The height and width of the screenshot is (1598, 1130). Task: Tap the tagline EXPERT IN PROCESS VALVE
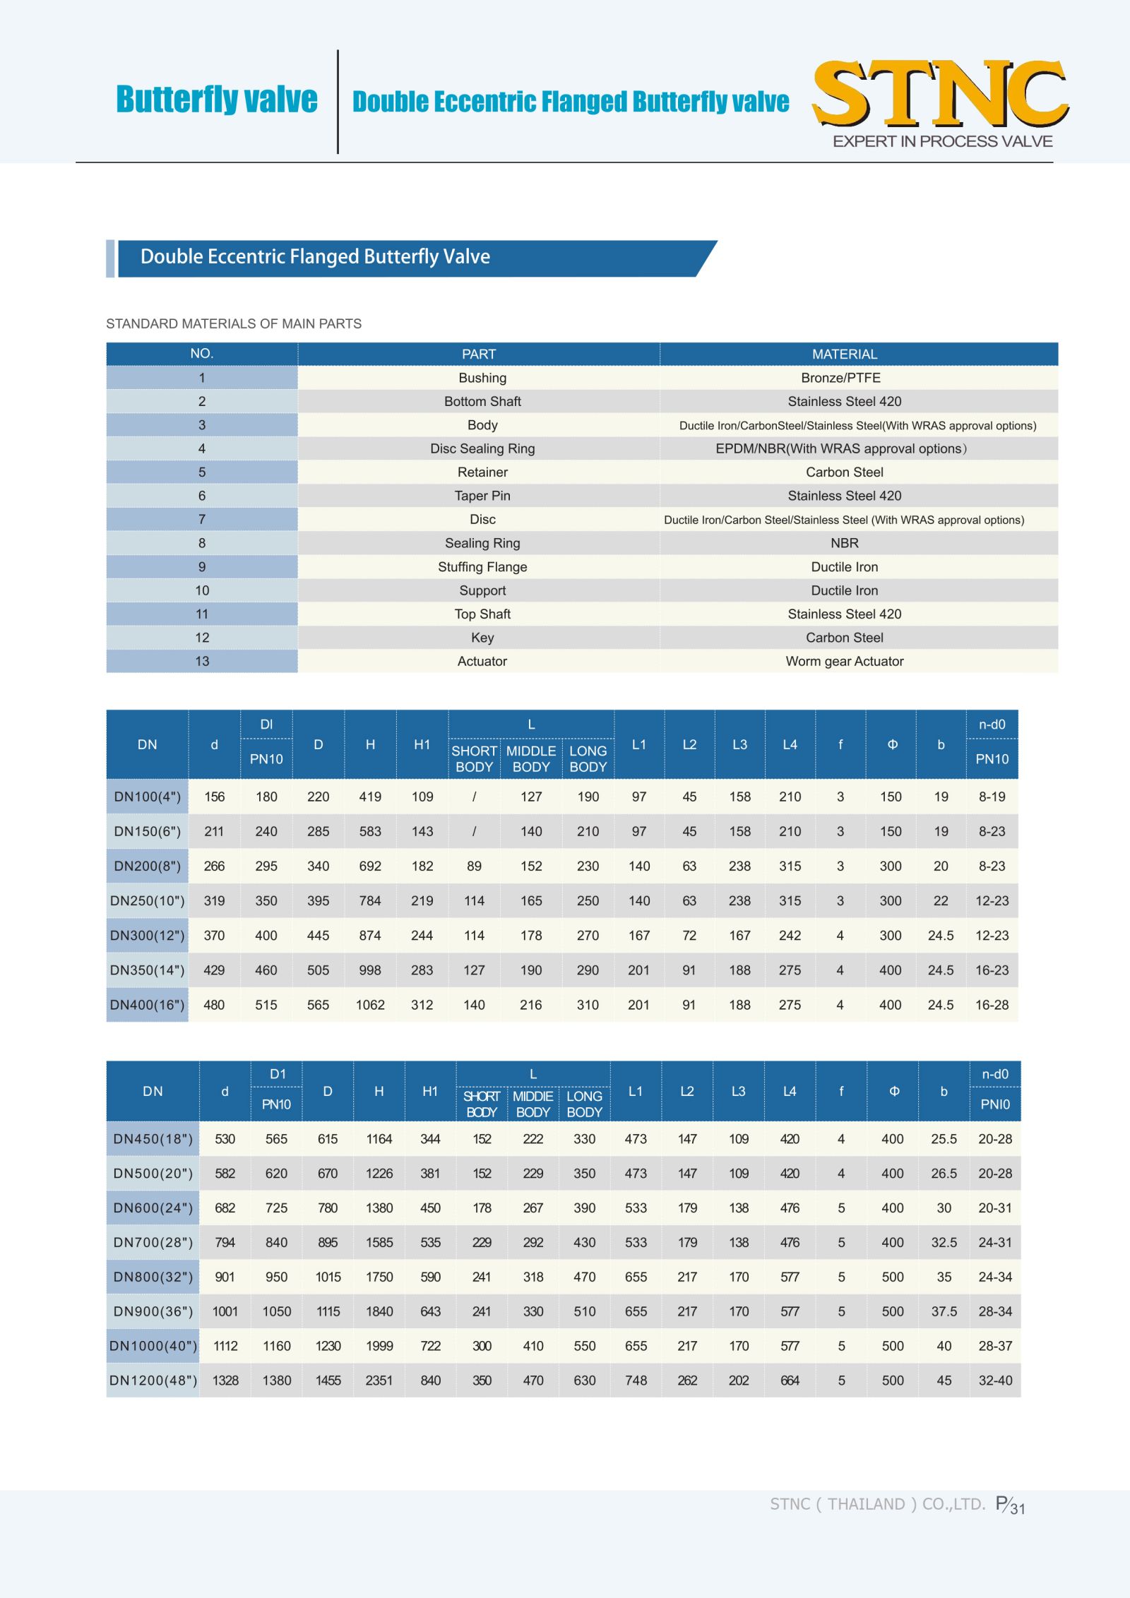942,141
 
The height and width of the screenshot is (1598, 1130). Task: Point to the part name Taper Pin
482,496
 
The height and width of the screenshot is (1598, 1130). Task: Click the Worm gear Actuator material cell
844,661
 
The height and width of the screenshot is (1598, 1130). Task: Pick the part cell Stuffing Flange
482,567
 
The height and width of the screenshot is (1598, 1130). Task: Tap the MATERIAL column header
844,354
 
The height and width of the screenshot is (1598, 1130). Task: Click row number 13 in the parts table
202,661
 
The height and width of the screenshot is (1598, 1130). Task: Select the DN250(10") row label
148,901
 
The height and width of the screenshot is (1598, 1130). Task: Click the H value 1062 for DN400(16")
370,1005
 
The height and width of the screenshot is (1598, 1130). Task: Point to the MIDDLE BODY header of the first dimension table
531,759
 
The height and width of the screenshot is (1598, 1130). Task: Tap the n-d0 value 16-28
992,1005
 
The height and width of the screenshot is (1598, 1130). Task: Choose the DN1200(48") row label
153,1381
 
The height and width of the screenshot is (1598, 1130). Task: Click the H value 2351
379,1381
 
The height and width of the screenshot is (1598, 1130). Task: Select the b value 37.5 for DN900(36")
944,1311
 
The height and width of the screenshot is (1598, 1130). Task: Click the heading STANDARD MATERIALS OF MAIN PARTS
234,323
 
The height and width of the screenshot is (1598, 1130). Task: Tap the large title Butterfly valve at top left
217,100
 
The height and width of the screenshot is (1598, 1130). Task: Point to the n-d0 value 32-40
995,1381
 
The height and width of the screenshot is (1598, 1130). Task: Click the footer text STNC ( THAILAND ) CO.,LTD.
877,1504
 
